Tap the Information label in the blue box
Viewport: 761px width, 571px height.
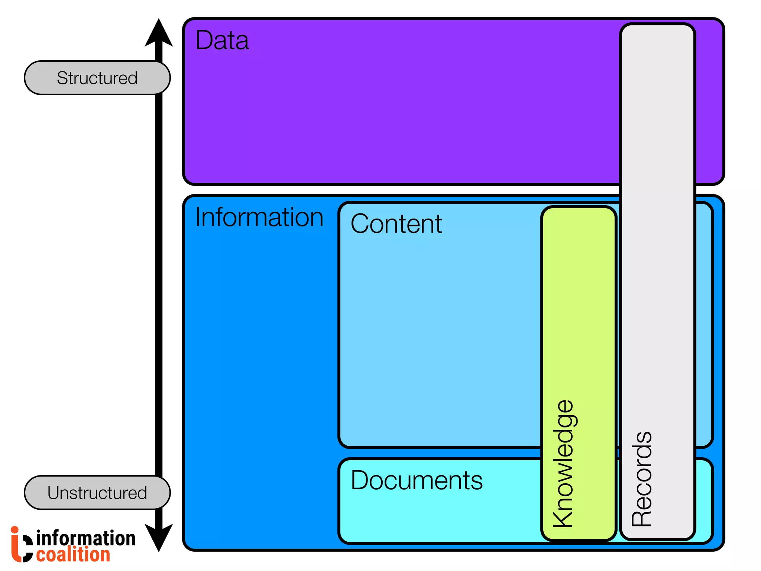point(259,217)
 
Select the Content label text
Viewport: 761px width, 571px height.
point(396,224)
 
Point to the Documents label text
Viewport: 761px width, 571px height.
point(416,480)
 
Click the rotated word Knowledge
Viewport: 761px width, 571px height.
point(563,464)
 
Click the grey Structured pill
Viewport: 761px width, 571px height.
point(97,78)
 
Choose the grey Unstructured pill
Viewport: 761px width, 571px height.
point(97,493)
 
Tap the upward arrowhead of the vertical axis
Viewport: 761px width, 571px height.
point(159,33)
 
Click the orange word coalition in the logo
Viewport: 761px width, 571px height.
point(73,555)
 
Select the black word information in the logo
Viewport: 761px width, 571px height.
point(86,538)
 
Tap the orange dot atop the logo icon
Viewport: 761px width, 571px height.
point(14,530)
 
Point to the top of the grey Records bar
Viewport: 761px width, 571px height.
point(657,33)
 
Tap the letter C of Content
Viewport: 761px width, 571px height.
point(360,224)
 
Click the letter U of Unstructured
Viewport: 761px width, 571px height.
point(54,493)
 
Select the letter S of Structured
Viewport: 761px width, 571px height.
point(62,78)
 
